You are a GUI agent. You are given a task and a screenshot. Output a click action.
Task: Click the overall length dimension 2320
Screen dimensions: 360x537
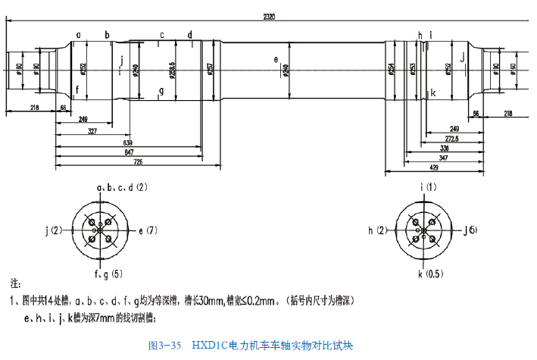pos(268,16)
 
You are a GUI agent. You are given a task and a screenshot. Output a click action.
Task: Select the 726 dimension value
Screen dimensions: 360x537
pos(138,162)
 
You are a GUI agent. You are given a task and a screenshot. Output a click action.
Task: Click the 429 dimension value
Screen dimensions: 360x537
pos(433,166)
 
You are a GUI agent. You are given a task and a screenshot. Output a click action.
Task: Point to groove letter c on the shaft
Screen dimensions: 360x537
pos(161,35)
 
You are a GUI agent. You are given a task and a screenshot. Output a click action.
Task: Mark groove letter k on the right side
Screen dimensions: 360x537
pos(432,92)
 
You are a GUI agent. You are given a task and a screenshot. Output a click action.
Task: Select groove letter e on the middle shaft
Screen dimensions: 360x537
pos(276,58)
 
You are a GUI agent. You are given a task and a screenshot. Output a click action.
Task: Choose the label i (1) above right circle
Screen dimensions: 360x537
pos(429,186)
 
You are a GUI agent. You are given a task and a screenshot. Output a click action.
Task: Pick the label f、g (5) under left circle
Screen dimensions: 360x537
pos(110,273)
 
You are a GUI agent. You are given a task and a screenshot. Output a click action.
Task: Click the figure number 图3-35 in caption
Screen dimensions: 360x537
pos(165,346)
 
